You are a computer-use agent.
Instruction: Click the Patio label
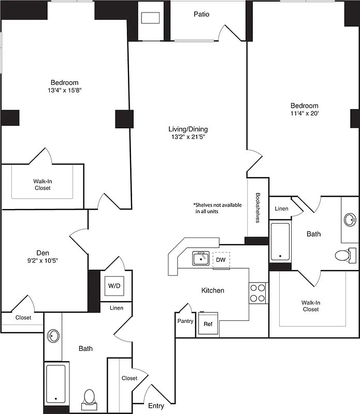201,14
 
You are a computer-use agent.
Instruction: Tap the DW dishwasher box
221,260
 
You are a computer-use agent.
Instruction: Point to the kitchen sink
200,258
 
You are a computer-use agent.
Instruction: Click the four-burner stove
257,292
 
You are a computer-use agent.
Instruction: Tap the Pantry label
185,321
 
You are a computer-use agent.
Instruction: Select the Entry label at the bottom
156,406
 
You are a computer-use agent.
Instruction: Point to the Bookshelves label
257,208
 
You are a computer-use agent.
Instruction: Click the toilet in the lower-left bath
89,398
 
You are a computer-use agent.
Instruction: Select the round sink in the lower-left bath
53,336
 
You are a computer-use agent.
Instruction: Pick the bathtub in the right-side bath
280,241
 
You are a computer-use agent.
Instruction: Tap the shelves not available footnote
218,208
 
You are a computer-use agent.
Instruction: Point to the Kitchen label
213,290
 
